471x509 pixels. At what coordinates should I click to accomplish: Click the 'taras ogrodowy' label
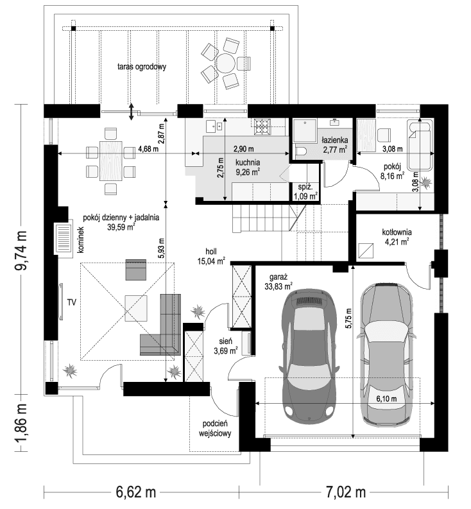pos(142,66)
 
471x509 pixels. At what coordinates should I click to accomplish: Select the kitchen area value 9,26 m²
pos(247,172)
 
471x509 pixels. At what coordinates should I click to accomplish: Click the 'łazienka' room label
pos(335,139)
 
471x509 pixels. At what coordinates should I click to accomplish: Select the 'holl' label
pos(212,252)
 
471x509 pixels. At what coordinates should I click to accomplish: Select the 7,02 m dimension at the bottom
pos(341,493)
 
